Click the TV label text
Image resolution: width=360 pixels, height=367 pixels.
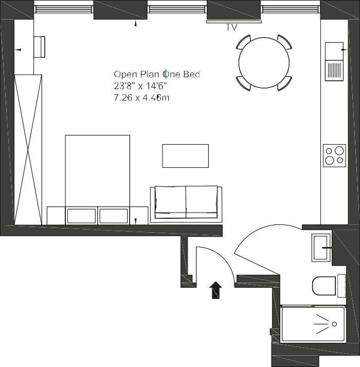[231, 27]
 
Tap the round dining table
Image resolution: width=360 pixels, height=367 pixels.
[264, 63]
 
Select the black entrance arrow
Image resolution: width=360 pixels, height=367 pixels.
[215, 290]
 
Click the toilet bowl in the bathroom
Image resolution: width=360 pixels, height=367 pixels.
[324, 286]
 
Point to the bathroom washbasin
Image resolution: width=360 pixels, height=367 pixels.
[321, 248]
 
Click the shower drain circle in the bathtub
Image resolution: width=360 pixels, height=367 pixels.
[334, 324]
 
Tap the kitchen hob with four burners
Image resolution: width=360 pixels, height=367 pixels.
[334, 155]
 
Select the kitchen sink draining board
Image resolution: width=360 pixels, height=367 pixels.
[334, 71]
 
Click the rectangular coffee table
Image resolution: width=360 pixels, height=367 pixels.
[185, 156]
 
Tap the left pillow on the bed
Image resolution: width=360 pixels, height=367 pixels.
[81, 216]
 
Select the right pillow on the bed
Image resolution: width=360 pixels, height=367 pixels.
[114, 216]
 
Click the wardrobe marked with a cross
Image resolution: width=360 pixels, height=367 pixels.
[28, 150]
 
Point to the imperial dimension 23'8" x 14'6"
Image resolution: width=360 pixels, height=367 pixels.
[140, 86]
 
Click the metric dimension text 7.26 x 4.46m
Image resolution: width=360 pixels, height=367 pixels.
[141, 97]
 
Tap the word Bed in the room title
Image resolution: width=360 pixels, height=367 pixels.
[191, 74]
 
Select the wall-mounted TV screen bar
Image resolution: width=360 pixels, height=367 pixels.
[234, 22]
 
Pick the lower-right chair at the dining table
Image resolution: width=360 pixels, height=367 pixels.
[285, 83]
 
